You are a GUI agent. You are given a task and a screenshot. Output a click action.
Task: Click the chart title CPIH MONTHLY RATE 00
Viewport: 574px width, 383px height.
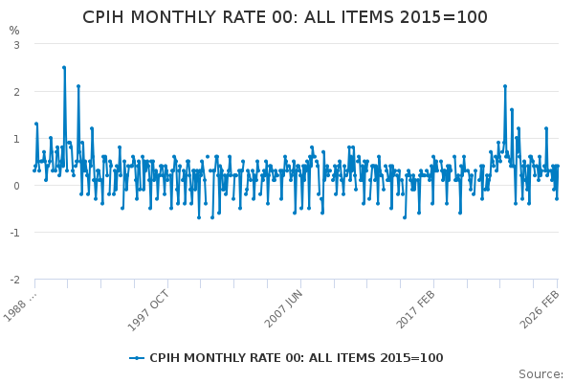[x=285, y=17]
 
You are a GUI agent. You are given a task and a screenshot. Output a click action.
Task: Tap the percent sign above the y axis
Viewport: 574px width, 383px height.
[x=14, y=31]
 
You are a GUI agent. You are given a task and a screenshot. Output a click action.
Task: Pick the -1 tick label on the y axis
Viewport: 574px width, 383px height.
[x=13, y=233]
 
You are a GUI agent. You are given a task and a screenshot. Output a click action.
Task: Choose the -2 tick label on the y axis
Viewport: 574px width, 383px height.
[x=13, y=280]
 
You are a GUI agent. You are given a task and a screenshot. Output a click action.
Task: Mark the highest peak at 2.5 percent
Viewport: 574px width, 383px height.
[x=64, y=68]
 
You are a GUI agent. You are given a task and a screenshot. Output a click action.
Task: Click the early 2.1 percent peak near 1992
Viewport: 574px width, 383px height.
[x=78, y=86]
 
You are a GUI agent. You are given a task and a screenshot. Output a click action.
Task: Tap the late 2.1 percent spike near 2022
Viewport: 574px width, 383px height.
[x=505, y=86]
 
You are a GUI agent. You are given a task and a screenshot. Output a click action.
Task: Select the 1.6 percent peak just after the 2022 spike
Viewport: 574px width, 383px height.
[x=512, y=110]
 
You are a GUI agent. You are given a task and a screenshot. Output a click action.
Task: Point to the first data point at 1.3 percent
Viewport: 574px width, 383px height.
[x=36, y=124]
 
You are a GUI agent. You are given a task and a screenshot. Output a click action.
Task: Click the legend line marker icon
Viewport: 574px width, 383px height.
[x=139, y=358]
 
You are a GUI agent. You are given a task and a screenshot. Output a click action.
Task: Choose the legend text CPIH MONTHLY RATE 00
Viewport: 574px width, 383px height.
[x=297, y=358]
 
